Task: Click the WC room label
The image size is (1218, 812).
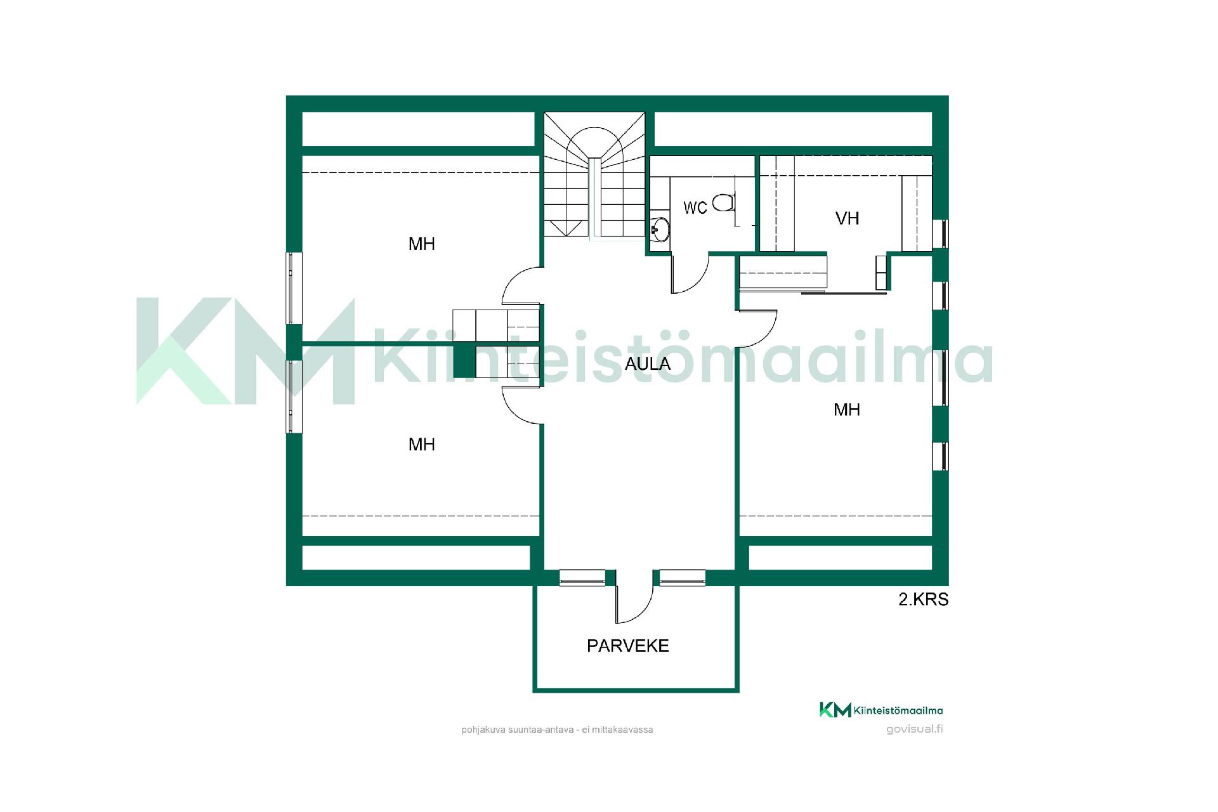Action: [x=695, y=207]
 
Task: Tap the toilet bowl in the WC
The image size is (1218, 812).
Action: [x=723, y=204]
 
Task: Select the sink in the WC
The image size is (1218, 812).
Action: [x=660, y=230]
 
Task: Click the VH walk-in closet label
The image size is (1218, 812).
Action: [x=847, y=218]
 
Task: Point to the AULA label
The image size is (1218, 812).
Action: [x=647, y=363]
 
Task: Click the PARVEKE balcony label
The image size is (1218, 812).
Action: [x=627, y=646]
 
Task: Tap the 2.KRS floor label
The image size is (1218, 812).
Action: [x=923, y=599]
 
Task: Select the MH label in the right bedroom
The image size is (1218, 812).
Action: [x=847, y=410]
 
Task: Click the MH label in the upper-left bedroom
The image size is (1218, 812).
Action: [x=422, y=244]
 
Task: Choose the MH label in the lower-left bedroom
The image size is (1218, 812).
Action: [x=422, y=444]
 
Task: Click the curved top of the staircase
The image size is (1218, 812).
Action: [x=594, y=136]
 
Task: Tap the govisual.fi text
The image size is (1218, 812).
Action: [x=914, y=729]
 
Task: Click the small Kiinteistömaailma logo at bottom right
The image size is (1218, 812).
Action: [x=881, y=710]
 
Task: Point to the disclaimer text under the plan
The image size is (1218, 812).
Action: [x=557, y=730]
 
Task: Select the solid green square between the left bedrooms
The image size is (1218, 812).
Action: [x=465, y=362]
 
